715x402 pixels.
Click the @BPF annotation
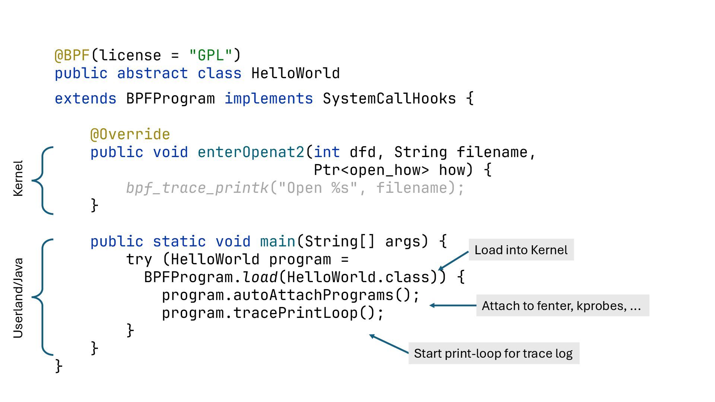(72, 55)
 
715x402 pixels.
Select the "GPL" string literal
(211, 55)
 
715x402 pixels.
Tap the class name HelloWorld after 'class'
(295, 73)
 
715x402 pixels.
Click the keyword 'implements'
(268, 99)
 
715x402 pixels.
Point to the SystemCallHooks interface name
(389, 99)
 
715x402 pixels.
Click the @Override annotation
(130, 134)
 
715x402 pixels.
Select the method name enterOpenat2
(251, 152)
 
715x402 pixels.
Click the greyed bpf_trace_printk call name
(197, 188)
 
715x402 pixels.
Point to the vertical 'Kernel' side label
(18, 179)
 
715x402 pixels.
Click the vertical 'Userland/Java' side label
(18, 298)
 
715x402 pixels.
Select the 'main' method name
(277, 242)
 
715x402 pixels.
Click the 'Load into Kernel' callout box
(521, 250)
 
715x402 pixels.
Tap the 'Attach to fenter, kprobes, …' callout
(562, 306)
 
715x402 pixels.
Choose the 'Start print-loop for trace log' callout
(493, 353)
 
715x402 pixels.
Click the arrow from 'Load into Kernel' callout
(454, 260)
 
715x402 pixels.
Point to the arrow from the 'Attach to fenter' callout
(453, 305)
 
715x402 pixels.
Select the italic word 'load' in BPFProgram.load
(260, 277)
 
